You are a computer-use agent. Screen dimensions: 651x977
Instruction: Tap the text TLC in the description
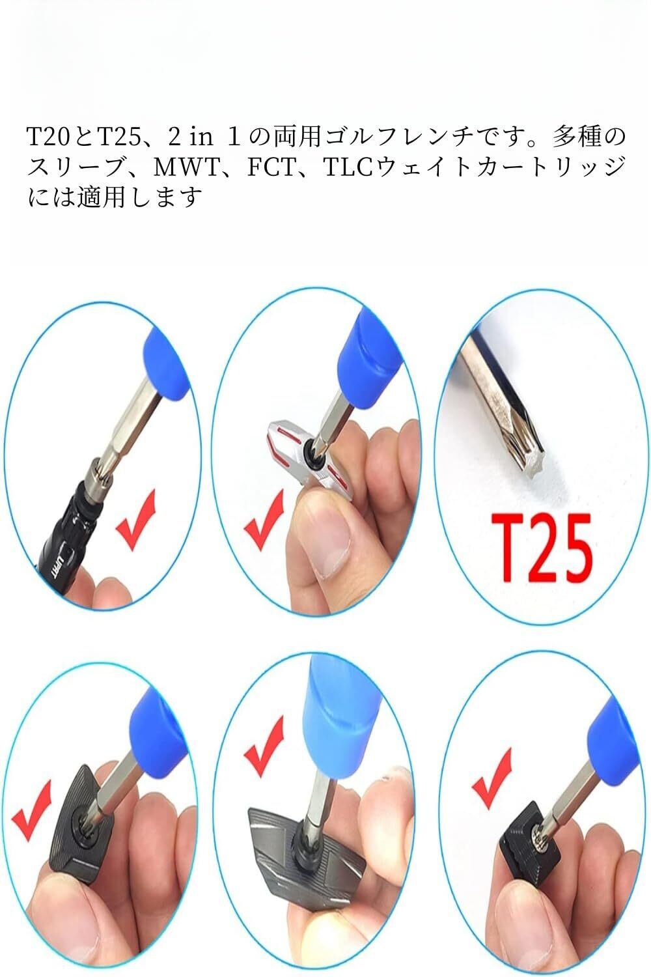click(x=348, y=167)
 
